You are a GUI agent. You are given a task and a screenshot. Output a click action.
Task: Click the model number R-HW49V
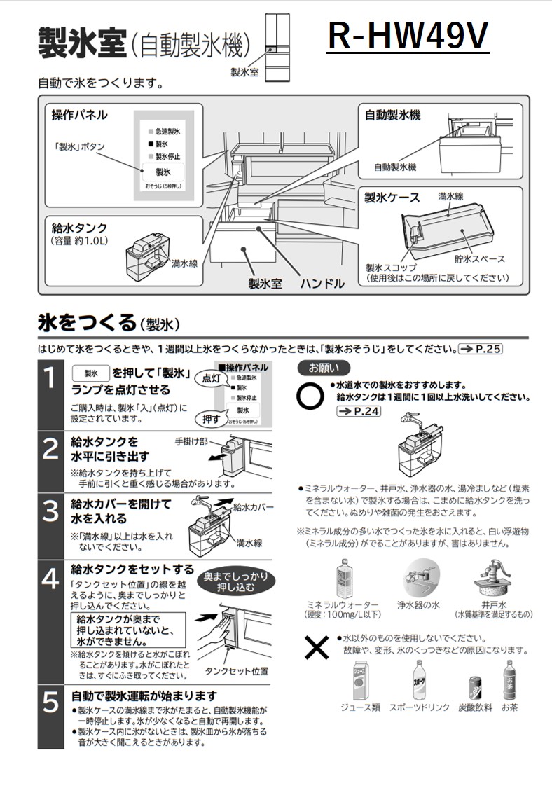(408, 36)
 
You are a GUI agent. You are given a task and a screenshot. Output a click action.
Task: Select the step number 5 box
(50, 703)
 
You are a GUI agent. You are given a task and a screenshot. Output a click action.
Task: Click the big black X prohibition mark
(317, 649)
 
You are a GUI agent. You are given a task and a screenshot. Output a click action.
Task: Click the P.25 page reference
(481, 348)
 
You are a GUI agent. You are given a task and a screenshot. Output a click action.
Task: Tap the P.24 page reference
(358, 411)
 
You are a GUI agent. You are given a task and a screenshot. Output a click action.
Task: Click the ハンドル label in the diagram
(322, 284)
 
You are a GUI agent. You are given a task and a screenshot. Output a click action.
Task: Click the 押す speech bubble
(211, 419)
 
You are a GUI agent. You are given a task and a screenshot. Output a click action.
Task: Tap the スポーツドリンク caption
(419, 708)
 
